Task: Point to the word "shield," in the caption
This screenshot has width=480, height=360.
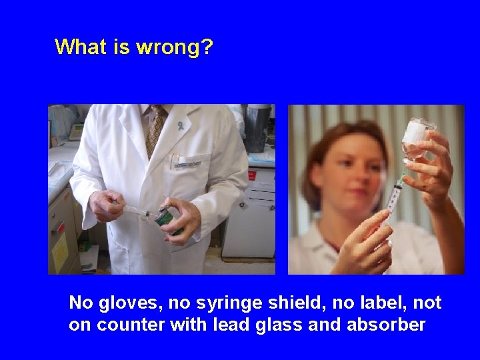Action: (275, 303)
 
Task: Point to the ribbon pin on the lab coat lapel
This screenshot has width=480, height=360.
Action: (180, 125)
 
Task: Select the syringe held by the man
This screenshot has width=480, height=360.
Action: (137, 209)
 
